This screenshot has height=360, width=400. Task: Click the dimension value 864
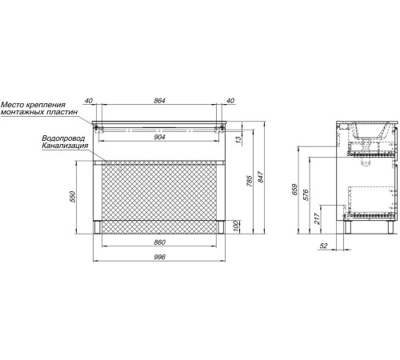coord(159,101)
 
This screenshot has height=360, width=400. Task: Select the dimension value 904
coord(159,137)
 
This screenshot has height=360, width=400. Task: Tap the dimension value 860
coord(159,242)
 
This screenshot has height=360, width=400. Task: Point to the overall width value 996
coord(159,257)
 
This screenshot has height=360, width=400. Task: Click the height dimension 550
coord(73,197)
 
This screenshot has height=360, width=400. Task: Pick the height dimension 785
coord(249,181)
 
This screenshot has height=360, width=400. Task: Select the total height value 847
coord(261,177)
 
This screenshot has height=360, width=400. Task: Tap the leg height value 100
coord(236,226)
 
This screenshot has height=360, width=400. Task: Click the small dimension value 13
coord(238,139)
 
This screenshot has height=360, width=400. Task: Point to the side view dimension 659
coord(294,190)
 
